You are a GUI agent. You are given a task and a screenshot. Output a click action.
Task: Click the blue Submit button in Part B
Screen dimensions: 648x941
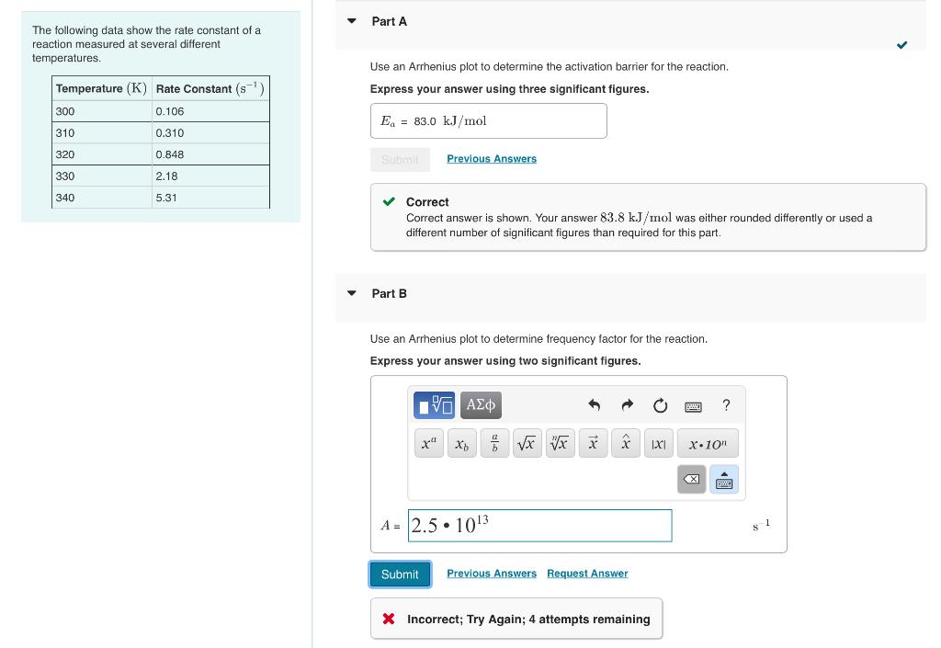400,574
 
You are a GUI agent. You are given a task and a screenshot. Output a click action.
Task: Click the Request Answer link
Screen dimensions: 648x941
587,574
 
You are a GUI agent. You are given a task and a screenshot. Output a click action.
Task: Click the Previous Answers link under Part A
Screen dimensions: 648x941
492,159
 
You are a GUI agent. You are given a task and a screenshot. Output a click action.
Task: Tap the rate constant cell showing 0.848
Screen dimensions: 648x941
210,154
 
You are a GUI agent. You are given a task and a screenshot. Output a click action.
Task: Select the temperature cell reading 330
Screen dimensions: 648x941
102,176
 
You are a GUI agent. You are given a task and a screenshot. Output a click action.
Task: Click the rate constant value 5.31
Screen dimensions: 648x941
210,198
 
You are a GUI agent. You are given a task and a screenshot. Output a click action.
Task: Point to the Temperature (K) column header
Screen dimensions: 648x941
101,88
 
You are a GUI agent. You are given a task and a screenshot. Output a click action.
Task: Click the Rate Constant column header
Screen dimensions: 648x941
210,88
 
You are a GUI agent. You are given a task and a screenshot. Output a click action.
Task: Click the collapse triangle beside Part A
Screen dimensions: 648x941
352,21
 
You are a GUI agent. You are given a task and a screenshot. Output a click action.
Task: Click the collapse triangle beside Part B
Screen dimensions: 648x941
352,293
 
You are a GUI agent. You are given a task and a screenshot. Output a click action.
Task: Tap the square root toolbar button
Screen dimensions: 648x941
527,443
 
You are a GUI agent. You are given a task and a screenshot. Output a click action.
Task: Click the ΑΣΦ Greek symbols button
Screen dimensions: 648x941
482,404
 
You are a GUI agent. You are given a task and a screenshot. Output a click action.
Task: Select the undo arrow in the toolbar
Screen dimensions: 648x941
594,405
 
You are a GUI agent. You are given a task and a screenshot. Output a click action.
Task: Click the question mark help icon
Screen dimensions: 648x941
726,405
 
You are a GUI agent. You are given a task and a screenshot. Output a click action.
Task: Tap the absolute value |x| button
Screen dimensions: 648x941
658,443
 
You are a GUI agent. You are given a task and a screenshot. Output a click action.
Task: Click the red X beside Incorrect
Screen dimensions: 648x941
389,619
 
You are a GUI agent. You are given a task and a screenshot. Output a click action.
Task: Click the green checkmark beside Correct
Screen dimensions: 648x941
390,202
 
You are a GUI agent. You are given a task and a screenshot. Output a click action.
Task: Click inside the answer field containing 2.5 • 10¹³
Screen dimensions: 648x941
539,526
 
